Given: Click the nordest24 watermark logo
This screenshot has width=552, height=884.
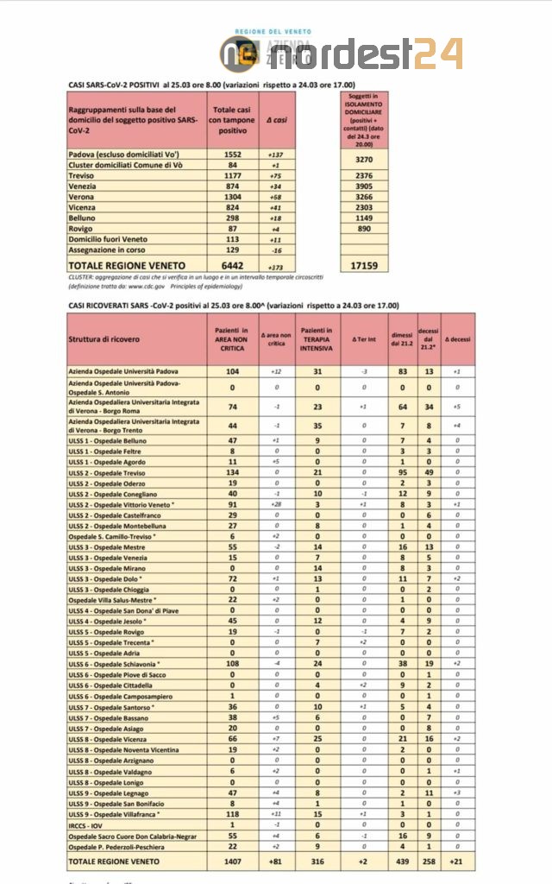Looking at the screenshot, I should point(345,54).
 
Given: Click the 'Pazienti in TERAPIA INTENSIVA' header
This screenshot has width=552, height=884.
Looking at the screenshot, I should point(317,338).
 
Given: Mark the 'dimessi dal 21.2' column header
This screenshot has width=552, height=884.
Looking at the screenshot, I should point(402,338).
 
